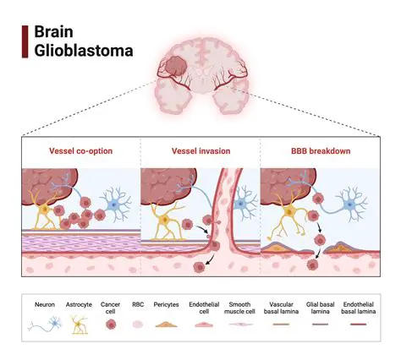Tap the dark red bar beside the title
pyautogui.click(x=25, y=41)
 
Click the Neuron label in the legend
pyautogui.click(x=44, y=303)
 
